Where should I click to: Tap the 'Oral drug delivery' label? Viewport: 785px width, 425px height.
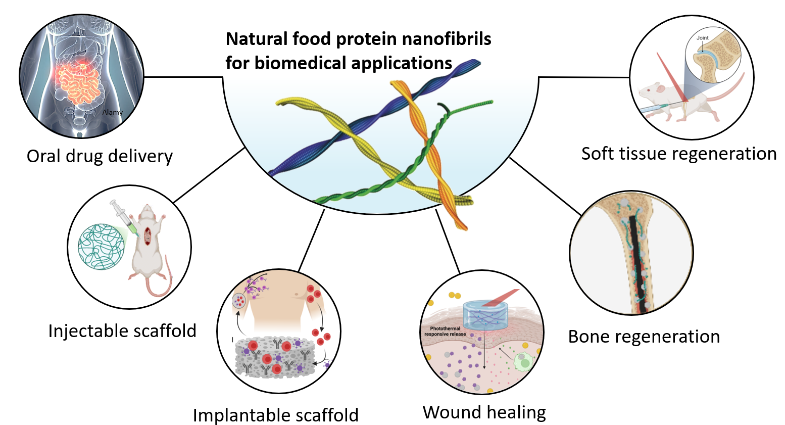pyautogui.click(x=100, y=156)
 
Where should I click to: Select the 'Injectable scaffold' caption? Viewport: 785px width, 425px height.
pyautogui.click(x=122, y=331)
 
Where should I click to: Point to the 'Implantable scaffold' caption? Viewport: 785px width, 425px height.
pyautogui.click(x=276, y=415)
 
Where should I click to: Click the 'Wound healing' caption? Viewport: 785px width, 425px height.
pyautogui.click(x=484, y=412)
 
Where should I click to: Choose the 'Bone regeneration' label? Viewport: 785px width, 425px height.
pyautogui.click(x=644, y=337)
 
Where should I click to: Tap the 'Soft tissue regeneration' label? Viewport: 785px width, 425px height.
pyautogui.click(x=679, y=154)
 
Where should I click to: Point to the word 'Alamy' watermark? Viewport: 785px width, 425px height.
pyautogui.click(x=112, y=112)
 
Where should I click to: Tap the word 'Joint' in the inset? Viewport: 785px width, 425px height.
pyautogui.click(x=702, y=38)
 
